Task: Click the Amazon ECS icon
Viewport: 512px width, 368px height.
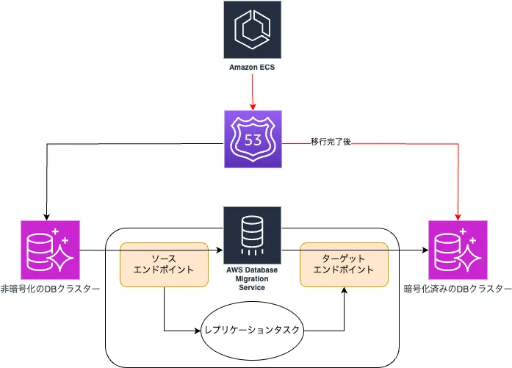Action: (252, 29)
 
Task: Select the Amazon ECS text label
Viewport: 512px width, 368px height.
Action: (252, 68)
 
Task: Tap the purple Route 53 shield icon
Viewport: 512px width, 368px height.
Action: (252, 139)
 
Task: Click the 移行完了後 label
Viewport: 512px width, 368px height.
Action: (331, 141)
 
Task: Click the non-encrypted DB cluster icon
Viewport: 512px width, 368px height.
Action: (46, 249)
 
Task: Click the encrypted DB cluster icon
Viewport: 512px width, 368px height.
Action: (457, 249)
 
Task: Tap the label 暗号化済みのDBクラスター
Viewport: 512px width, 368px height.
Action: (457, 288)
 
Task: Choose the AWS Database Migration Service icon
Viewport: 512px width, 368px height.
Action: (252, 234)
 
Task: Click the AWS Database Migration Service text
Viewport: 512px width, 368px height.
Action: (252, 278)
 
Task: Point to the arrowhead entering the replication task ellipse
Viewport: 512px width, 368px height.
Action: (198, 330)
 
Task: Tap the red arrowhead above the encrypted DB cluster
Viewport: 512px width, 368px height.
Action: (457, 217)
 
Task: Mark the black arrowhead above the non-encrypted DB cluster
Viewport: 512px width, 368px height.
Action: (46, 217)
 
